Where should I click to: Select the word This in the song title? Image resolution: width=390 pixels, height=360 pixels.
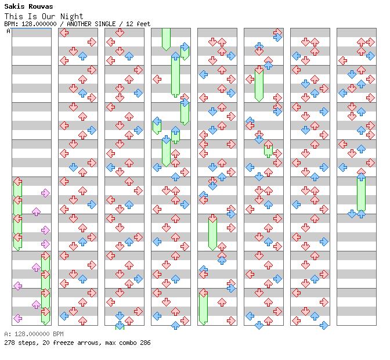click(x=14, y=16)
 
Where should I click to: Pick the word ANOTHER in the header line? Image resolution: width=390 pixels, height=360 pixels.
click(x=79, y=24)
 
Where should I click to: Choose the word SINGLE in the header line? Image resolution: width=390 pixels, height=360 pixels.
click(x=105, y=24)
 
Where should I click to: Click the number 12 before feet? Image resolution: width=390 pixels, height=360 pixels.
click(x=129, y=24)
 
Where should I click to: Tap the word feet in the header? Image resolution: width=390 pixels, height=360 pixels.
click(x=143, y=24)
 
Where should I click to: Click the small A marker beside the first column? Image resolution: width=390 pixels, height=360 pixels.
click(x=9, y=31)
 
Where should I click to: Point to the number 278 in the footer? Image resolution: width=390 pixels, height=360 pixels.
click(x=9, y=343)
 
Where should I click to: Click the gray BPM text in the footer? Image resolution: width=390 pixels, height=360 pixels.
click(x=58, y=334)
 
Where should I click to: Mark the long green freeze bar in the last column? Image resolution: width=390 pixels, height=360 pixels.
click(x=361, y=194)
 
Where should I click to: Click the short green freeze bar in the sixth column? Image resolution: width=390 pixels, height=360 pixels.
click(x=268, y=150)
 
